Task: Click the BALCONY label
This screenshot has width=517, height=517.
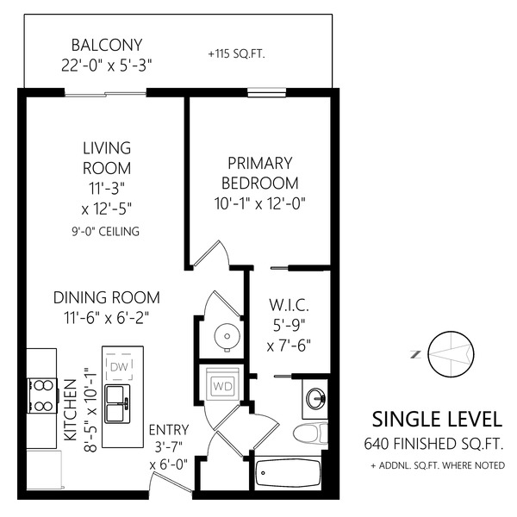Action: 107,45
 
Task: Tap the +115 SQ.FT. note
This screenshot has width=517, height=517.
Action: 237,53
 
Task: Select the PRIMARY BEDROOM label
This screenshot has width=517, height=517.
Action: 260,173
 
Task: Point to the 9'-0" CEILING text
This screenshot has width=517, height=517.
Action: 105,232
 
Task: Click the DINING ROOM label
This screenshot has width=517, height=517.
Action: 107,297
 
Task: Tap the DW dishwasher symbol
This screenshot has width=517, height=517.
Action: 120,366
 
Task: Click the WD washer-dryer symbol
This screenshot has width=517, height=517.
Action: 222,384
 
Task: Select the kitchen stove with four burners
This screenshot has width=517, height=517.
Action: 42,396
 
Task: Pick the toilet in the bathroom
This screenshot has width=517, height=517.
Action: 310,433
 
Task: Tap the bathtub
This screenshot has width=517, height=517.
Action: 288,474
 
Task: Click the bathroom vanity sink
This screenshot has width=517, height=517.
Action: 316,398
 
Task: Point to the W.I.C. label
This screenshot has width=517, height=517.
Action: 290,305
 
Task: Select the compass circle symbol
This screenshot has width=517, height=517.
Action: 451,354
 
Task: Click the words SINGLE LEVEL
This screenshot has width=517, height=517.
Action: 437,420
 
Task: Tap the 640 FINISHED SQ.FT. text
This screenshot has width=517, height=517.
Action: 434,444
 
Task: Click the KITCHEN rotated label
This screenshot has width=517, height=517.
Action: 70,410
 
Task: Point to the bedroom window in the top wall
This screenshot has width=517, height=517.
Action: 267,92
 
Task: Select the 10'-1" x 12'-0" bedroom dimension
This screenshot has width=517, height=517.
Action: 260,203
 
